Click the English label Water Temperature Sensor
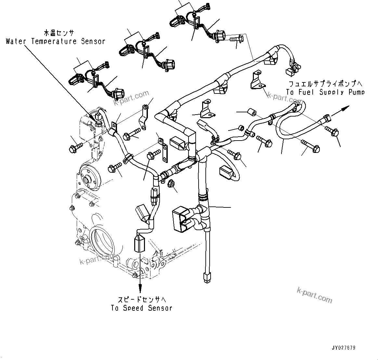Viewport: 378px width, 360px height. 55,41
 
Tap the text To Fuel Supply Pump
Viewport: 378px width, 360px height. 325,92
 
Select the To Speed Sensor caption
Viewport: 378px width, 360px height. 141,308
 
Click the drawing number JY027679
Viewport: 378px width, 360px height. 344,348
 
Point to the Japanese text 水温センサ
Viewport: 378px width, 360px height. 59,33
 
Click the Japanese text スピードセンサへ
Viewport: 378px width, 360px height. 140,299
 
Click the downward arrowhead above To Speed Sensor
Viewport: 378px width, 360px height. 140,287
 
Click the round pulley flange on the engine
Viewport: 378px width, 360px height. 89,178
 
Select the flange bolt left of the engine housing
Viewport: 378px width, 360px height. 73,149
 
